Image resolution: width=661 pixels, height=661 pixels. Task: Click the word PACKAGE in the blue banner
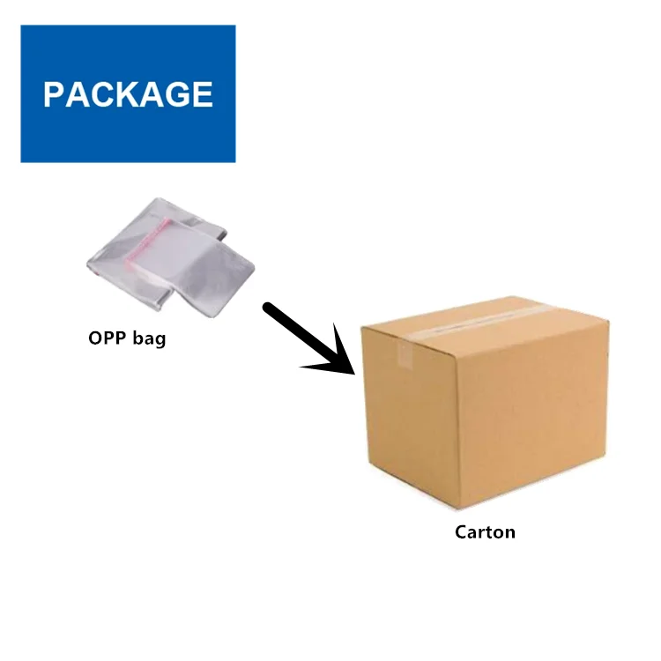pos(128,94)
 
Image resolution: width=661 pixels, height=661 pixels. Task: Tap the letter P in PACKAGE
pos(55,94)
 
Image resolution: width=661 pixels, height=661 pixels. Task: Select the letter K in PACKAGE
pos(129,94)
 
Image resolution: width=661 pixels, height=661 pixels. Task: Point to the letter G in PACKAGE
pos(179,94)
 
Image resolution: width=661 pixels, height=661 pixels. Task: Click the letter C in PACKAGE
pos(104,94)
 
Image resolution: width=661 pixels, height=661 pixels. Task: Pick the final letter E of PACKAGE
pos(203,94)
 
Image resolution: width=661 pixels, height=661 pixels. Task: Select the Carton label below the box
pos(485,531)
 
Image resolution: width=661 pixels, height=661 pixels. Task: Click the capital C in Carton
pos(461,531)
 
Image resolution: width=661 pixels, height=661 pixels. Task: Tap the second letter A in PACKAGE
pos(153,94)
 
